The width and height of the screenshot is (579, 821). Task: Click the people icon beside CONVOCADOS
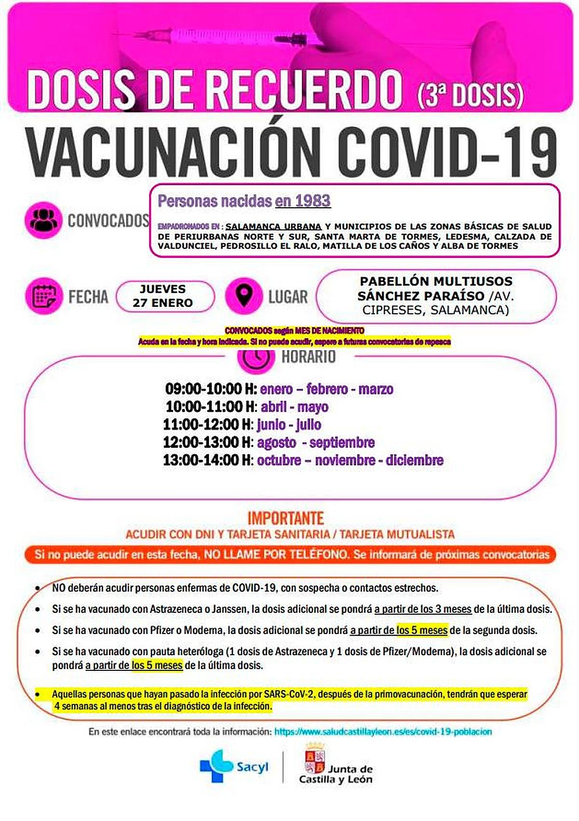(x=43, y=220)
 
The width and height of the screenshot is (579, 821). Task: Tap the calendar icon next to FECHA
(x=43, y=296)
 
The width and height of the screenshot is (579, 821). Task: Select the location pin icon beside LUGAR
(x=244, y=296)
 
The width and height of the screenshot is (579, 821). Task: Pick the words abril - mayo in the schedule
(x=294, y=407)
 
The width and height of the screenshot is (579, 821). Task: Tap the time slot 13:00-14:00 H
(x=208, y=460)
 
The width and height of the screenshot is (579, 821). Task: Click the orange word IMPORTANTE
(x=286, y=518)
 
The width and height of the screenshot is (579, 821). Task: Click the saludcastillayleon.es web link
(x=383, y=732)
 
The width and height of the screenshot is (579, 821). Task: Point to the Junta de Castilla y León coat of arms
(x=315, y=759)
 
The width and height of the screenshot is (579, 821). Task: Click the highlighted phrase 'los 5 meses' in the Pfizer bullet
(x=422, y=630)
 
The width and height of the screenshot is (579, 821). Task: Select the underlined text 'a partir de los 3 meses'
(x=423, y=609)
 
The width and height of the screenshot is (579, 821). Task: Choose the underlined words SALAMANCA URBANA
(x=274, y=226)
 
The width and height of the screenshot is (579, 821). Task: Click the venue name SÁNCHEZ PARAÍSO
(x=421, y=296)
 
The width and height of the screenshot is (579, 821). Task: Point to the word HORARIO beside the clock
(x=308, y=357)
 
